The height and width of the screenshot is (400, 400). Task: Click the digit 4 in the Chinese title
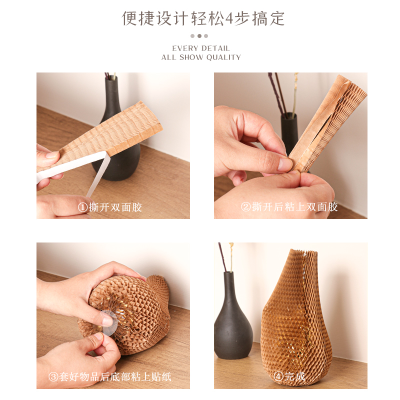tap(229, 19)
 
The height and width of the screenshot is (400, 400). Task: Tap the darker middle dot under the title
tap(199, 36)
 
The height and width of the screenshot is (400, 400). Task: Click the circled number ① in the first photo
tap(82, 207)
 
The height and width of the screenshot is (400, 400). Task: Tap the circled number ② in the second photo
tap(245, 206)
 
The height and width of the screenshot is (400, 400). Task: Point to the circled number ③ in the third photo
tap(53, 376)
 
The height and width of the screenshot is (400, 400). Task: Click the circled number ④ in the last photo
tap(278, 376)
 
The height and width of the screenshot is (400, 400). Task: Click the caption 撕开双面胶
tap(115, 207)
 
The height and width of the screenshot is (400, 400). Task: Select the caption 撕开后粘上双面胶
tap(294, 206)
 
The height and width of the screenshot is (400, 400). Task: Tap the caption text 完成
tap(294, 376)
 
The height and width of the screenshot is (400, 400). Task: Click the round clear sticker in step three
tap(109, 322)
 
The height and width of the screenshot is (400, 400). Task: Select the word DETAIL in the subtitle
tap(215, 48)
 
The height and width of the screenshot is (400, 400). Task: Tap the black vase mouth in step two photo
tap(288, 115)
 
